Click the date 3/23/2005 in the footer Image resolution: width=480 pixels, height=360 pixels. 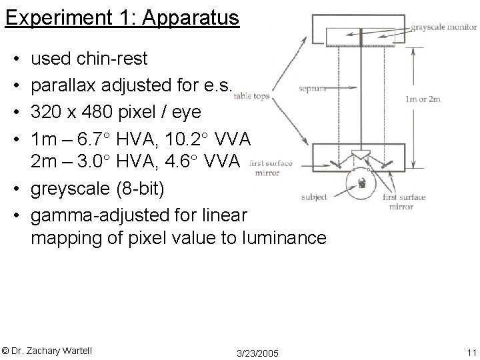pos(258,351)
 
